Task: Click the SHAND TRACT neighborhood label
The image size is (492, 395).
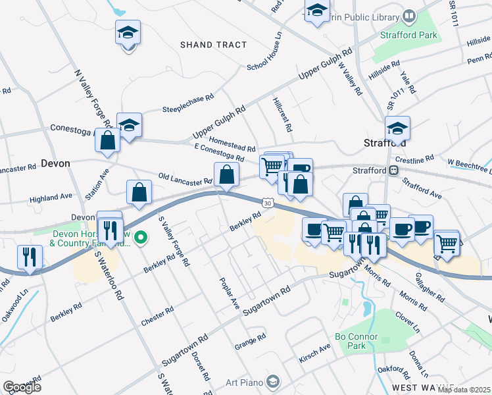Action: click(214, 45)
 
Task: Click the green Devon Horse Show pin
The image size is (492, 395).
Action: click(140, 237)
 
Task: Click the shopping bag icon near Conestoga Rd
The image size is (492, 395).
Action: click(109, 139)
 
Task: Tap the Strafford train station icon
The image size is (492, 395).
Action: click(393, 171)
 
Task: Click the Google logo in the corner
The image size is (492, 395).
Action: click(21, 387)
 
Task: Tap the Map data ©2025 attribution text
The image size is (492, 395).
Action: click(464, 390)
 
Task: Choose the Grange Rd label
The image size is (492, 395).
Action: click(250, 341)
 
